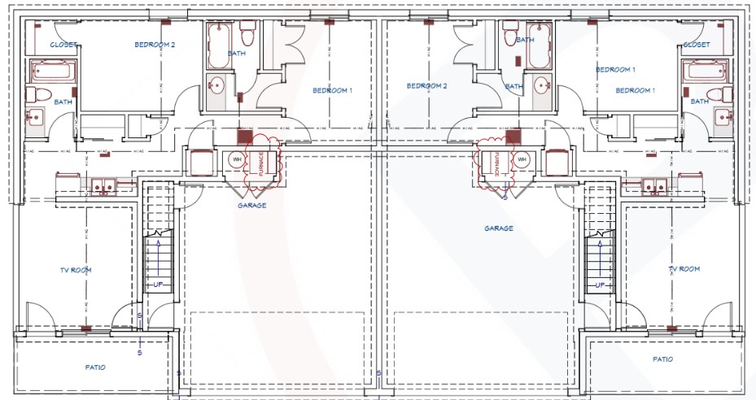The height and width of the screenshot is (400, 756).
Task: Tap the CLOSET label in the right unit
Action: (x=697, y=45)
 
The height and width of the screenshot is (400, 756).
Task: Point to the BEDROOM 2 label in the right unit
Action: (x=428, y=85)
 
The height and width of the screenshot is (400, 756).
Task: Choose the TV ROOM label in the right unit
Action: (x=684, y=268)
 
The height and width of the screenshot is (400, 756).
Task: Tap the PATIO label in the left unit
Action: (x=95, y=367)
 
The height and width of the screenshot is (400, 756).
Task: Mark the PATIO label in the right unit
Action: (x=663, y=359)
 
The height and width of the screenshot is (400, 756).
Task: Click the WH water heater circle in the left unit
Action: (x=237, y=159)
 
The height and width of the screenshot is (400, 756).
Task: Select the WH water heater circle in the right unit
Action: (x=522, y=159)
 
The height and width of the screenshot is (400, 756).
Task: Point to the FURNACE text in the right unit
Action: (x=496, y=165)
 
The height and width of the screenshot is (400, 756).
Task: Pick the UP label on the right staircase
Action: (x=600, y=285)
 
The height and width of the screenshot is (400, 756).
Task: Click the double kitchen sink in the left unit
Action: (x=103, y=186)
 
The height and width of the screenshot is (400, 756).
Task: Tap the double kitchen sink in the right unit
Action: (x=653, y=186)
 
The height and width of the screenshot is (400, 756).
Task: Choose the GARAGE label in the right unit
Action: (x=499, y=228)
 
